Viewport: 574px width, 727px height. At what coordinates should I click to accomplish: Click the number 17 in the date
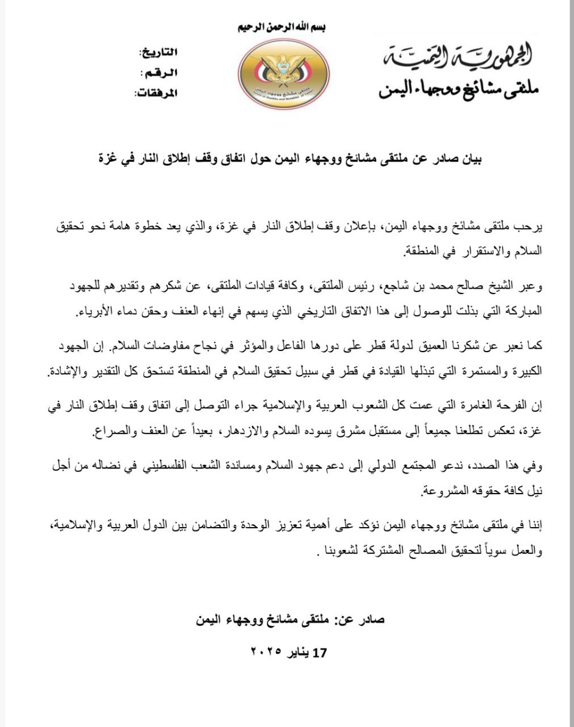[320, 653]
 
